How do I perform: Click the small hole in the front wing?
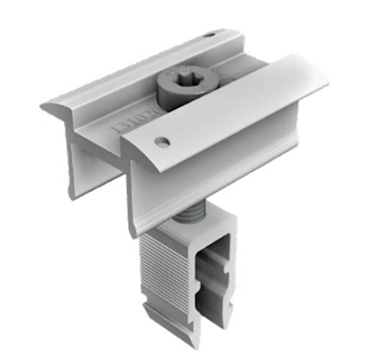pyautogui.click(x=162, y=142)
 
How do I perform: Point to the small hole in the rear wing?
pyautogui.click(x=208, y=35)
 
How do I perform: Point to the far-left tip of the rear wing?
pyautogui.click(x=42, y=105)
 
